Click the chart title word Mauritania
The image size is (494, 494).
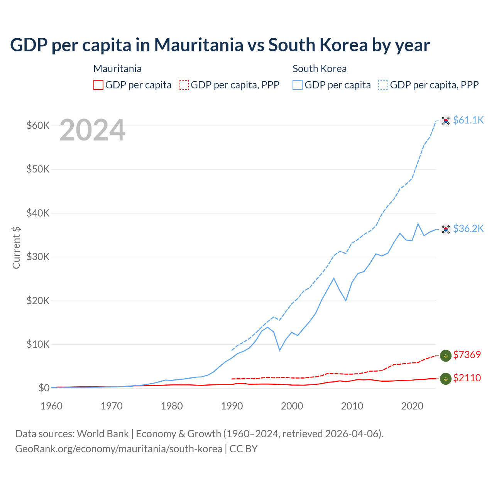point(198,45)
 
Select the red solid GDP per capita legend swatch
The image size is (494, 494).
point(98,85)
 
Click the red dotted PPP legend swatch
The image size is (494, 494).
point(184,85)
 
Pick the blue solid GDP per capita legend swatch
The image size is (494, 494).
point(298,85)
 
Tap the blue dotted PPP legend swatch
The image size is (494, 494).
point(383,85)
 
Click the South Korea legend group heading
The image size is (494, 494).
point(320,69)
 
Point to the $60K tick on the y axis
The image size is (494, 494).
point(38,125)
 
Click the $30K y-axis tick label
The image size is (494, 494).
point(38,257)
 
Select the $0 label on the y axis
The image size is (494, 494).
point(44,388)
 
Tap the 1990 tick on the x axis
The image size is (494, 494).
point(232,406)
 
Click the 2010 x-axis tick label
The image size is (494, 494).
point(352,406)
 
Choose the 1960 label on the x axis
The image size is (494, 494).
point(52,406)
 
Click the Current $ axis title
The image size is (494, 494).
point(16,248)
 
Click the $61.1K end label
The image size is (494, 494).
point(468,120)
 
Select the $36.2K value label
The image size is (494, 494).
point(468,228)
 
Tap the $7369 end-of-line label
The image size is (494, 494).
point(467,355)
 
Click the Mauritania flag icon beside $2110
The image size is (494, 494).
point(446,379)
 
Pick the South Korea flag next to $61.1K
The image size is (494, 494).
point(446,121)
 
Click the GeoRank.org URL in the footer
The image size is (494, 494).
point(118,449)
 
